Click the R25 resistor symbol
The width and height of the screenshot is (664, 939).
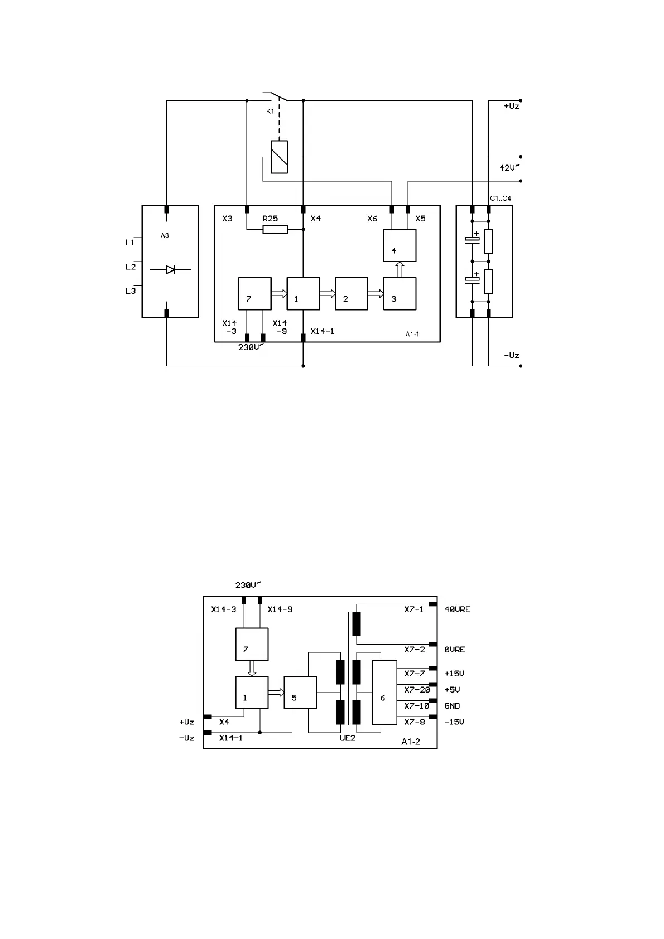275,229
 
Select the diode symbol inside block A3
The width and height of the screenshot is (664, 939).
170,269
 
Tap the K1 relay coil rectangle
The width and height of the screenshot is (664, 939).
279,157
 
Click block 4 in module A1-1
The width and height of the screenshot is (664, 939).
400,245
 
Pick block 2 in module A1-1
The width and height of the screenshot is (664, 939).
352,293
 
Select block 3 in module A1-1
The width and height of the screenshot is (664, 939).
400,293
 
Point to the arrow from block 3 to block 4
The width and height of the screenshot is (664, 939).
400,269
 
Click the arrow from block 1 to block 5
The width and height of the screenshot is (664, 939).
276,693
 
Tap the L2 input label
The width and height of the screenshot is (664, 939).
131,267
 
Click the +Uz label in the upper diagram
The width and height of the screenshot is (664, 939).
512,106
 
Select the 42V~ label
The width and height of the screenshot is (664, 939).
509,168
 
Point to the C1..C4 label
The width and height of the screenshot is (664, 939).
501,199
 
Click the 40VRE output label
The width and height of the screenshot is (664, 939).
457,609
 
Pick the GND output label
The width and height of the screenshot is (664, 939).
452,706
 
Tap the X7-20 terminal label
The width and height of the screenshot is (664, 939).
417,690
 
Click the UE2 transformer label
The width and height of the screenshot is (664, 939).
347,738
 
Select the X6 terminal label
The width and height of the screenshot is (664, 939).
372,219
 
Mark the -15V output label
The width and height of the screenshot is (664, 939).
454,722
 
